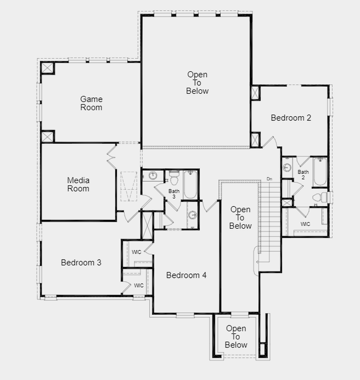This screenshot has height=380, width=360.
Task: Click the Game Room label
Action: [x=91, y=103]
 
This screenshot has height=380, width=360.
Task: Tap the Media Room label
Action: [x=78, y=184]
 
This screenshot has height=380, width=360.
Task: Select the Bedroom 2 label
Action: [x=291, y=118]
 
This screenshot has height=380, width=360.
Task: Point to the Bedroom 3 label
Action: [x=81, y=263]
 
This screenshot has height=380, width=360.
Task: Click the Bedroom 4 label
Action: [x=186, y=275]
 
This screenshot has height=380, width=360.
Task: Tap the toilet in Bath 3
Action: [x=174, y=178]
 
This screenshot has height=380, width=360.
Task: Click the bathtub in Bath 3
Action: [x=190, y=185]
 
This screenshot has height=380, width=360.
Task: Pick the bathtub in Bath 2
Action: [x=320, y=171]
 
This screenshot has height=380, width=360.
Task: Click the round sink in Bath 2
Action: [x=287, y=167]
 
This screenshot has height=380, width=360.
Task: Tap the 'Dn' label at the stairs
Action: [x=269, y=179]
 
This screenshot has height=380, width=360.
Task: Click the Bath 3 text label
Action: [x=174, y=193]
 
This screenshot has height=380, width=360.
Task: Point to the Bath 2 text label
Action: [x=303, y=174]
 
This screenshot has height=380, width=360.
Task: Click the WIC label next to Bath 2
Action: [x=305, y=224]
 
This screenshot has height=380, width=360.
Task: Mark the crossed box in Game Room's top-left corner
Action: [x=47, y=68]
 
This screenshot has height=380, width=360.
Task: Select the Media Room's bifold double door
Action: [x=111, y=157]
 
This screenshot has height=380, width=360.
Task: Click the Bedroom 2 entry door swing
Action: [x=270, y=142]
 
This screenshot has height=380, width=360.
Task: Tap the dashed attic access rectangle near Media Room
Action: [x=129, y=186]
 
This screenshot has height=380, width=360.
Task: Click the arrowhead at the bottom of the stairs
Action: [x=258, y=262]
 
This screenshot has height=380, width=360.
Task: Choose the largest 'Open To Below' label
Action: [x=197, y=83]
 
